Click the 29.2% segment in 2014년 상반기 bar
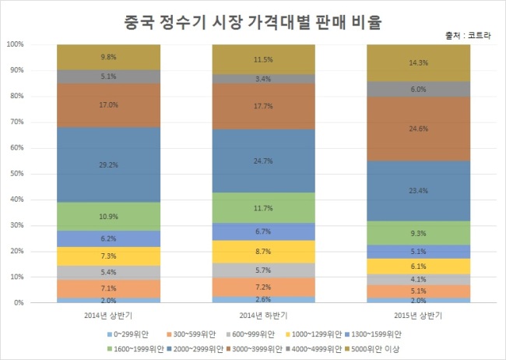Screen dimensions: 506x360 pyautogui.click(x=108, y=165)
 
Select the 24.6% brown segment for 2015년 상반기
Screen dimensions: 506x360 pyautogui.click(x=419, y=129)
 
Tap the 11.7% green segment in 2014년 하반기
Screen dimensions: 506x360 pyautogui.click(x=263, y=208)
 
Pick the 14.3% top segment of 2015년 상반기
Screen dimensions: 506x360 pyautogui.click(x=419, y=63)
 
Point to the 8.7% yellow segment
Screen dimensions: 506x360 pyautogui.click(x=263, y=252)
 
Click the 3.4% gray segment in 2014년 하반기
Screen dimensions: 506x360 pyautogui.click(x=263, y=79)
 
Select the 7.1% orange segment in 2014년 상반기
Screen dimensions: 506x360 pyautogui.click(x=108, y=288)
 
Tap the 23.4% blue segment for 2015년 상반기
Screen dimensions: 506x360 pyautogui.click(x=419, y=191)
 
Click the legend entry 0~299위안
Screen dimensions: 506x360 pyautogui.click(x=128, y=334)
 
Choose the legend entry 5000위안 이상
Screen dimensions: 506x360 pyautogui.click(x=372, y=349)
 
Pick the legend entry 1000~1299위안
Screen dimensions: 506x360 pyautogui.click(x=314, y=334)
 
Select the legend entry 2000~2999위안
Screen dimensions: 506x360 pyautogui.click(x=195, y=349)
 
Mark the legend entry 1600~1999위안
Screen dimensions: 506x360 pyautogui.click(x=135, y=349)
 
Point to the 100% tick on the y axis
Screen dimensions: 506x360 pyautogui.click(x=15, y=44)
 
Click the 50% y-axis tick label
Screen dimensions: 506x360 pyautogui.click(x=17, y=174)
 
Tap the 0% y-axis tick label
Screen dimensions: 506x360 pyautogui.click(x=19, y=303)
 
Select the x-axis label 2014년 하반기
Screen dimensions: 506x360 pyautogui.click(x=263, y=316)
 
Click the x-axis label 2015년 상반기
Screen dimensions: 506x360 pyautogui.click(x=418, y=316)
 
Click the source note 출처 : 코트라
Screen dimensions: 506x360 pyautogui.click(x=468, y=36)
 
